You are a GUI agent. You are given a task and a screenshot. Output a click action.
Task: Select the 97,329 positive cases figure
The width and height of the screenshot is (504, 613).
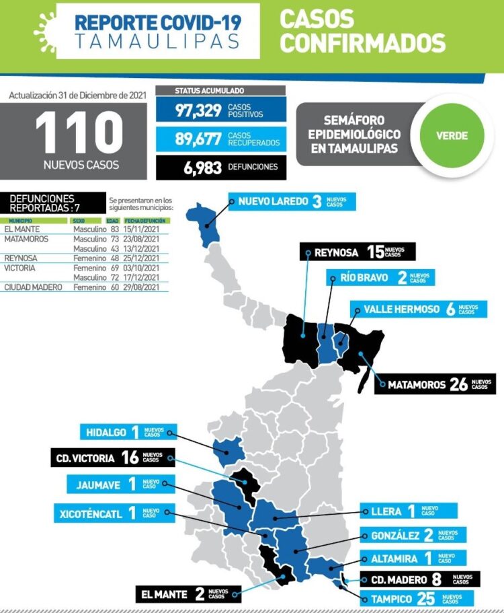[199, 110]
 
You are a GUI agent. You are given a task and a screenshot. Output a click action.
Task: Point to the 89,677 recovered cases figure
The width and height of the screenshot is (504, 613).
[199, 139]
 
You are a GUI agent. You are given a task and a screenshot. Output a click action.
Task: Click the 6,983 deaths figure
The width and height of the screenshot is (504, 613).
[202, 168]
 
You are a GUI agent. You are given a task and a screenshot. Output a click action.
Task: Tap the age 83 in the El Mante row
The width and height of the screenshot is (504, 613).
[114, 229]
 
